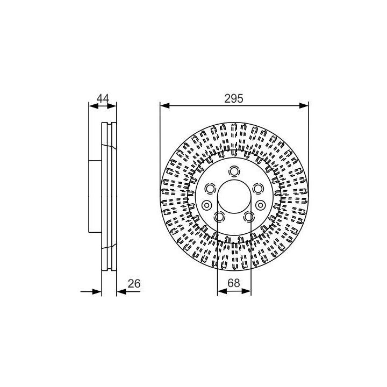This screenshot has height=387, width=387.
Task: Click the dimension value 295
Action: pyautogui.click(x=234, y=99)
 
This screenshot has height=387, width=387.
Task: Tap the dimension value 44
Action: pyautogui.click(x=103, y=98)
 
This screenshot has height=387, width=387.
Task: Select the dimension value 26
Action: pyautogui.click(x=134, y=284)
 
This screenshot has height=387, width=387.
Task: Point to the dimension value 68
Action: pyautogui.click(x=234, y=283)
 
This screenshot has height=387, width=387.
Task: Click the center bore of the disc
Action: pyautogui.click(x=234, y=197)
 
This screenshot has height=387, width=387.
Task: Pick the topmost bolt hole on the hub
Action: pyautogui.click(x=234, y=171)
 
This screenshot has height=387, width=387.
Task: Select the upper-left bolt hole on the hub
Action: pyautogui.click(x=210, y=189)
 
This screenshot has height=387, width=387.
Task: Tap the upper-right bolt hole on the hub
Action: pyautogui.click(x=257, y=189)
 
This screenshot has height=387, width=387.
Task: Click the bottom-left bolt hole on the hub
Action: pyautogui.click(x=219, y=217)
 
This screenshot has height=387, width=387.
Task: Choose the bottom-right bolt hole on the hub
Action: pyautogui.click(x=249, y=217)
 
